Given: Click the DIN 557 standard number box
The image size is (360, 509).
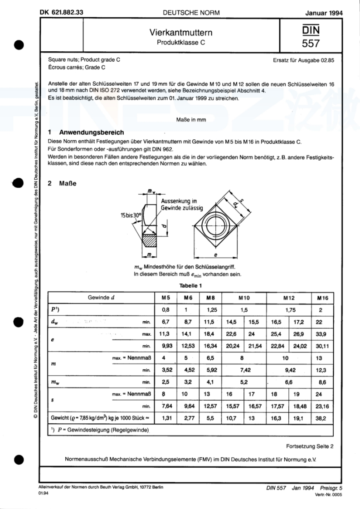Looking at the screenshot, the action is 311,36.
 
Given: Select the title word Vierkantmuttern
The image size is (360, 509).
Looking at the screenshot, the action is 181,33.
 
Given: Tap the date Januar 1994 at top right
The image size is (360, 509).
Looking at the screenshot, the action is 324,13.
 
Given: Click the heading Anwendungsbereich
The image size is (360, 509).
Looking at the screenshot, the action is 92,132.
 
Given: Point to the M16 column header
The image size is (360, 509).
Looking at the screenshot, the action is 322,298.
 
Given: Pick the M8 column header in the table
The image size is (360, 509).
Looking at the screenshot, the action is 210,298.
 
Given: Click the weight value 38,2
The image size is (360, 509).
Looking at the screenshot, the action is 321,418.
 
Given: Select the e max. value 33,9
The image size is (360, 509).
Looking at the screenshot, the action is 321,334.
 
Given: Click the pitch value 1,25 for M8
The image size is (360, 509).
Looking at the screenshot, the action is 212,310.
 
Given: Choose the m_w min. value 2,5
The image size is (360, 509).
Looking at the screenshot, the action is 165,382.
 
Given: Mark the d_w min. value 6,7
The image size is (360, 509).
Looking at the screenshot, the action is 165,322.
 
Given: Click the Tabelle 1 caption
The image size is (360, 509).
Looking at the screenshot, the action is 191,286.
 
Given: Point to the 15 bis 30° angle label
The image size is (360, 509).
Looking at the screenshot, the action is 131,215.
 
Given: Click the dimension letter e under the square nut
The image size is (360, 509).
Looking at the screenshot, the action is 216,255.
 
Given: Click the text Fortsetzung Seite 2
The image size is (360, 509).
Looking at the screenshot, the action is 310,446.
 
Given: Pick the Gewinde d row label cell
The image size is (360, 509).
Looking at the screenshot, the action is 101,298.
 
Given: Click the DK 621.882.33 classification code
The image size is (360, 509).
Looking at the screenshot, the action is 62,12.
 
